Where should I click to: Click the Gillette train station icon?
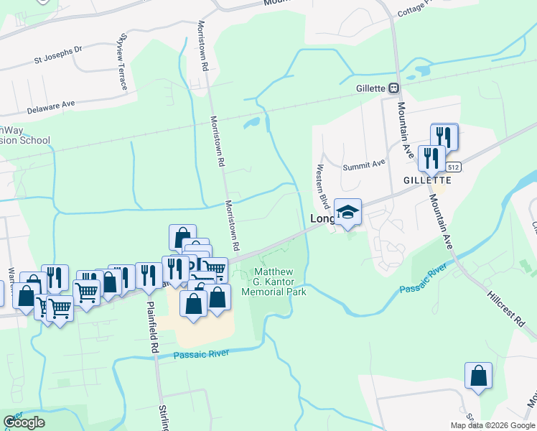(393, 88)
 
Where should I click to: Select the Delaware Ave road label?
(51, 107)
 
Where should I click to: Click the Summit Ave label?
(364, 164)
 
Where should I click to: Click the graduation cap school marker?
(347, 212)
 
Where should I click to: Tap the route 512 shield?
(452, 167)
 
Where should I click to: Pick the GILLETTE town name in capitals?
(426, 180)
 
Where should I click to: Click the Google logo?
(24, 422)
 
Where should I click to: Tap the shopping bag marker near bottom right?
(478, 376)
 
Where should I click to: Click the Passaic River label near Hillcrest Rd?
(424, 279)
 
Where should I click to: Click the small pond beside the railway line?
(252, 124)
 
